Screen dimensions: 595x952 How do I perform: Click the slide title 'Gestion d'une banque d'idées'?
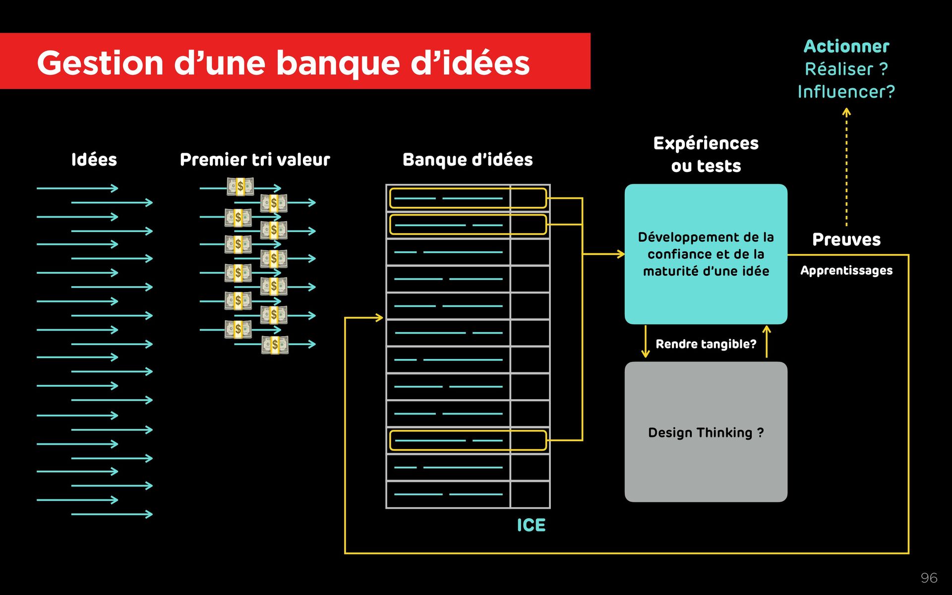tap(283, 63)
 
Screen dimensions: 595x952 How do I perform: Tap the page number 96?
tap(929, 578)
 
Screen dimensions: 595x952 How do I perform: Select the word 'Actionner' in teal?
tap(846, 46)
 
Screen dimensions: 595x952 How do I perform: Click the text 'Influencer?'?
tap(846, 92)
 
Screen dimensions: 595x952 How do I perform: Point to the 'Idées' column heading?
tap(94, 160)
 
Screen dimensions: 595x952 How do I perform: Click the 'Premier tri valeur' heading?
tap(254, 160)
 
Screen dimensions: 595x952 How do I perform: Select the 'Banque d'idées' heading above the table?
tap(467, 160)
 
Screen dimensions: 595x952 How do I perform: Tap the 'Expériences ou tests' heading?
tap(706, 154)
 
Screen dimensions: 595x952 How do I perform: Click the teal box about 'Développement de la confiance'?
tap(706, 254)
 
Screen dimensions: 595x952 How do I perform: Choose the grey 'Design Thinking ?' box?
tap(706, 432)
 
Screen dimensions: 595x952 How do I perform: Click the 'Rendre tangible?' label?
tap(706, 344)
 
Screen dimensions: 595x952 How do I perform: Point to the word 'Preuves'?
tap(846, 239)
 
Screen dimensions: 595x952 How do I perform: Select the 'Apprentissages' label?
tap(846, 271)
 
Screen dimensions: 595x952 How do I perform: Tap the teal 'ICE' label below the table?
tap(531, 525)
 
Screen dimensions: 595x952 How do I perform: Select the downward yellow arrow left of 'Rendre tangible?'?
tap(645, 342)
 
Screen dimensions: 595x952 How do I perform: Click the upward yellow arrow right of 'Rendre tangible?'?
tap(767, 342)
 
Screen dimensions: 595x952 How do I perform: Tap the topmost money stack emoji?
tap(240, 186)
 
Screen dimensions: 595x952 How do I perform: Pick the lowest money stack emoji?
tap(275, 345)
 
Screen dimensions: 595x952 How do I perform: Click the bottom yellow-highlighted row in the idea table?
tap(468, 440)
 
